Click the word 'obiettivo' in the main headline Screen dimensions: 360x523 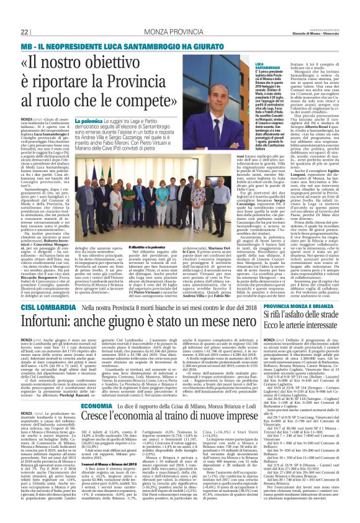[x=163, y=63]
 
